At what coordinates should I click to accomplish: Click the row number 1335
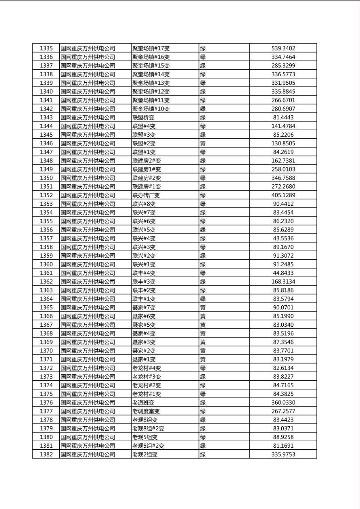click(46, 48)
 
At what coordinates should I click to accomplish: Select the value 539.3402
click(283, 48)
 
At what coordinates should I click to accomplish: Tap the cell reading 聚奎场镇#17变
click(151, 48)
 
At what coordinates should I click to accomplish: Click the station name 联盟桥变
click(143, 117)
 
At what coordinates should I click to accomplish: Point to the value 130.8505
click(283, 143)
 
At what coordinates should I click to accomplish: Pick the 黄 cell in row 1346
click(203, 143)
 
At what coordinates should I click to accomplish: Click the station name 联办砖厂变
click(146, 195)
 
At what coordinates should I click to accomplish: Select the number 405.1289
click(283, 195)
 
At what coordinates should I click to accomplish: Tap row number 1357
click(46, 238)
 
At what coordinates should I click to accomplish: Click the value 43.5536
click(283, 238)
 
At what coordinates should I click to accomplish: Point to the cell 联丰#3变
click(144, 282)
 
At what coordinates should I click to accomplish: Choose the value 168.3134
click(283, 282)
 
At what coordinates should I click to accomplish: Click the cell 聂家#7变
click(144, 307)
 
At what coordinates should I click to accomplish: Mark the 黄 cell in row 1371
click(203, 359)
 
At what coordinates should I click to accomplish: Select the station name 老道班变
click(143, 403)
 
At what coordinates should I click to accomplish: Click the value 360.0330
click(283, 403)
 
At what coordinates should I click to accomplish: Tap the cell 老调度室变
click(146, 411)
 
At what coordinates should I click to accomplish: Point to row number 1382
click(46, 454)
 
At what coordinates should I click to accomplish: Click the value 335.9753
click(283, 454)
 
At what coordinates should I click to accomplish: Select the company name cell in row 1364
click(88, 299)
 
